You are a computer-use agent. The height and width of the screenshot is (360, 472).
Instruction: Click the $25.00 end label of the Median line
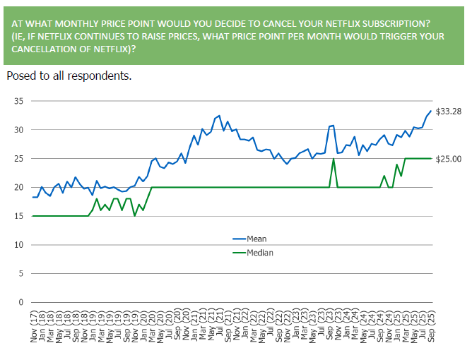coord(448,159)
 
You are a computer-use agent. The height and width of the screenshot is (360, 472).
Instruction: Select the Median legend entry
coord(259,252)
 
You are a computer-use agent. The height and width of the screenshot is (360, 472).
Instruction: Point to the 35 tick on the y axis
coord(18,102)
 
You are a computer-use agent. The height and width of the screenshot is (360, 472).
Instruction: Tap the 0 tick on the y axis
coord(21,302)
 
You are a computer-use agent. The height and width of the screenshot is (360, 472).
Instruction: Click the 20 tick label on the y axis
coord(18,188)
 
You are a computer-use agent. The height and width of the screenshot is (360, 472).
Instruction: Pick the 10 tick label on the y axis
coord(18,245)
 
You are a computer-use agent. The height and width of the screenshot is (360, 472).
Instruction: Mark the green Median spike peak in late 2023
coord(333,159)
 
